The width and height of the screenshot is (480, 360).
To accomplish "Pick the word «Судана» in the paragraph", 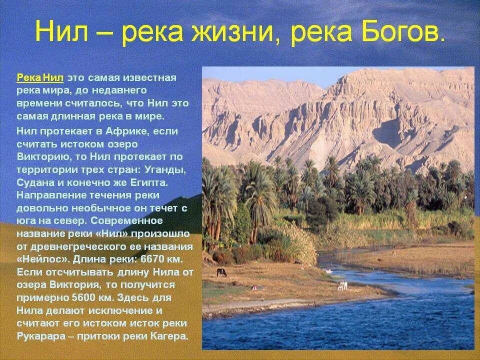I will (34, 182).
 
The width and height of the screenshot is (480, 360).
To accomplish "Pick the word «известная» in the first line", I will (150, 78).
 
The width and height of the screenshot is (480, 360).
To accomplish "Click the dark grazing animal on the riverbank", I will (221, 272).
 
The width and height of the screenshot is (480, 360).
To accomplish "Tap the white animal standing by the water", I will (342, 286).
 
